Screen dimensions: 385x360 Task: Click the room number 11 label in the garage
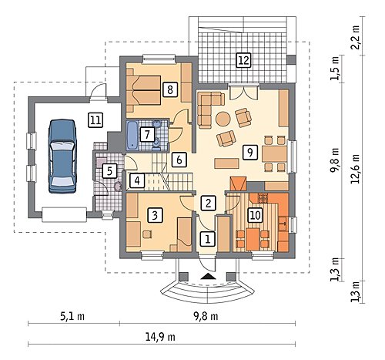click(x=95, y=120)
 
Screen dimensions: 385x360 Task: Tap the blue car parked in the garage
click(x=62, y=156)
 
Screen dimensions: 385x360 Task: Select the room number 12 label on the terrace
click(x=243, y=60)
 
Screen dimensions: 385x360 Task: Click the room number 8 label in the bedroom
click(x=169, y=89)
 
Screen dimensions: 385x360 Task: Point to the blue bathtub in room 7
click(x=132, y=135)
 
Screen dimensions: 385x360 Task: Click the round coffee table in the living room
click(x=223, y=119)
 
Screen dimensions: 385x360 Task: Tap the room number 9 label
click(x=249, y=152)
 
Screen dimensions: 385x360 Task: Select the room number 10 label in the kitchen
click(x=255, y=215)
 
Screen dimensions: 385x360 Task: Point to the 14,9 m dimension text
click(x=160, y=336)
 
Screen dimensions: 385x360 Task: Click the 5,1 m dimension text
click(x=72, y=316)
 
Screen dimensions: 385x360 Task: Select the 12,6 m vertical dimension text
click(x=356, y=169)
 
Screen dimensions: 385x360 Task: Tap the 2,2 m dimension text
click(x=356, y=39)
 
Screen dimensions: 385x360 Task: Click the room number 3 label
click(x=155, y=215)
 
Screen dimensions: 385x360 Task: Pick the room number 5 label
click(x=109, y=171)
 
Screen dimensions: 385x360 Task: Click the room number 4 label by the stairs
click(x=137, y=180)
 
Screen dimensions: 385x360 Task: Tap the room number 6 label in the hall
click(x=179, y=160)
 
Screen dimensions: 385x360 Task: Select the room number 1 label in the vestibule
click(x=207, y=240)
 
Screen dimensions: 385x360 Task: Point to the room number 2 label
click(x=208, y=203)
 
